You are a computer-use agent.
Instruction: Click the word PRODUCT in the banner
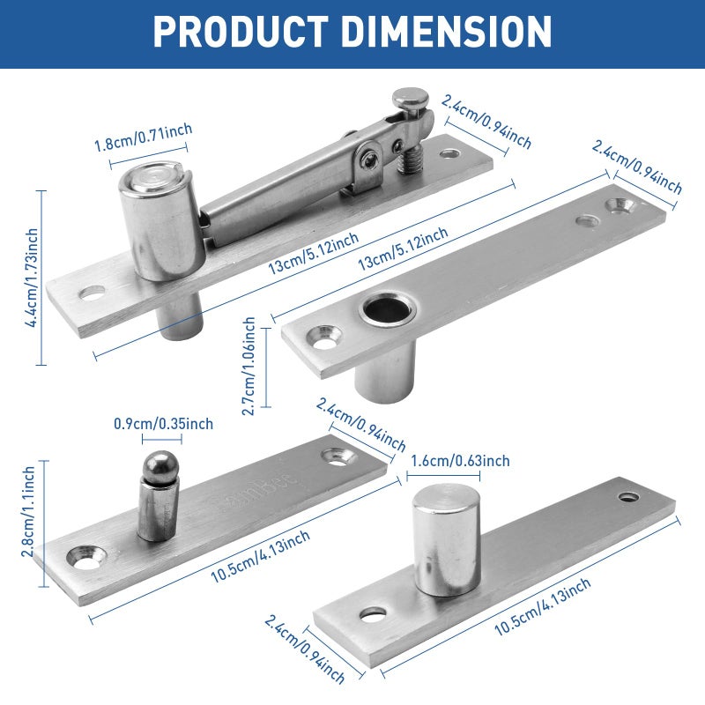pyautogui.click(x=241, y=32)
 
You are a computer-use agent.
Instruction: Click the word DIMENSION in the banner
pyautogui.click(x=449, y=32)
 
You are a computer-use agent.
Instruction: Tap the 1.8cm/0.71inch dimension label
pyautogui.click(x=144, y=137)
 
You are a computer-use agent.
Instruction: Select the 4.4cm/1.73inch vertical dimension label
pyautogui.click(x=32, y=278)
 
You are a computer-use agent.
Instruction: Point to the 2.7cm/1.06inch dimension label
pyautogui.click(x=249, y=366)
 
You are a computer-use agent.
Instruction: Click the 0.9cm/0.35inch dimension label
pyautogui.click(x=163, y=424)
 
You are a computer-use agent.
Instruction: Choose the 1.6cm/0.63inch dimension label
pyautogui.click(x=460, y=461)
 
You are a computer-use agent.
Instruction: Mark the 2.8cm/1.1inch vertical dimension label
pyautogui.click(x=28, y=511)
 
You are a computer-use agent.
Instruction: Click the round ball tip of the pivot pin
pyautogui.click(x=160, y=466)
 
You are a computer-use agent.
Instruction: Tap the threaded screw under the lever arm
pyautogui.click(x=408, y=160)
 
